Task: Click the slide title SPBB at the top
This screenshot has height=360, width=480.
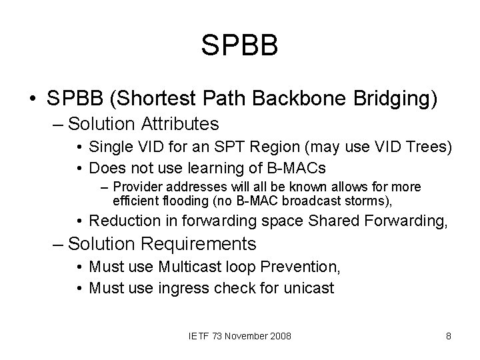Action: [239, 46]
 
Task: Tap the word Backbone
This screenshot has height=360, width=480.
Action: [306, 99]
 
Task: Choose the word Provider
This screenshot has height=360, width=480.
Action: [139, 187]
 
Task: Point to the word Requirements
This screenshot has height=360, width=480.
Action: [195, 244]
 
